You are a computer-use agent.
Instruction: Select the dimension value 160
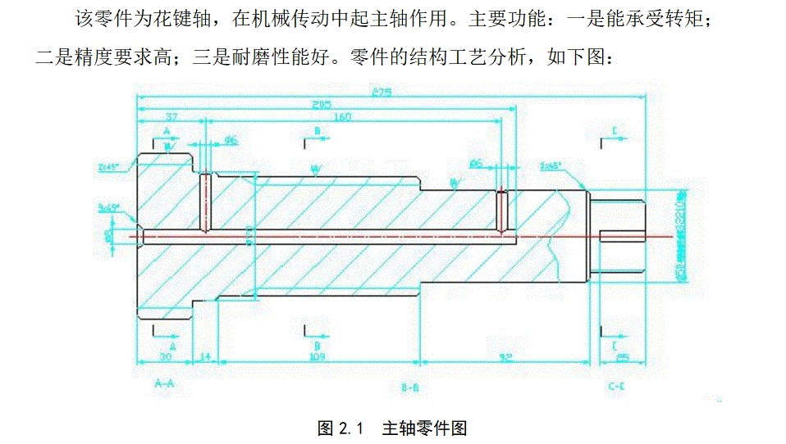point(341,117)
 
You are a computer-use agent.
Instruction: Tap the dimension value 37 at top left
point(171,117)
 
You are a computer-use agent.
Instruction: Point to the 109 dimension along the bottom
point(317,356)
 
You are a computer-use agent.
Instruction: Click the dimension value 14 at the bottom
point(204,356)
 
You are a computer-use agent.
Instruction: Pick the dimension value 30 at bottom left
point(165,356)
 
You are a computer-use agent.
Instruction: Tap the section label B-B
point(410,384)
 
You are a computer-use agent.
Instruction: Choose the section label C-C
point(617,384)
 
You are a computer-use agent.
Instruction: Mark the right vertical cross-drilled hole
point(503,211)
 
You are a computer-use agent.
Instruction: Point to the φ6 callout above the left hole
point(231,141)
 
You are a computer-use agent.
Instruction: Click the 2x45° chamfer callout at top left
point(108,166)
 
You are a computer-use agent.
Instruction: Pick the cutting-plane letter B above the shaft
point(317,130)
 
